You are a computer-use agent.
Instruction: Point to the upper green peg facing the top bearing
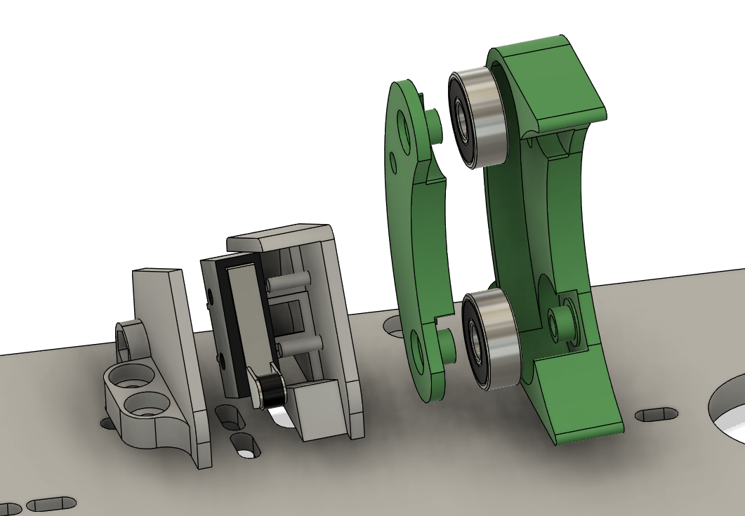[x=433, y=124]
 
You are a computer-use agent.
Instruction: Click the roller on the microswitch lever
[x=270, y=390]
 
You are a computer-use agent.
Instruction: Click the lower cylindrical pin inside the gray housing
[x=301, y=345]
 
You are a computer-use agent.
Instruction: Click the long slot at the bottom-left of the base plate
[x=51, y=503]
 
